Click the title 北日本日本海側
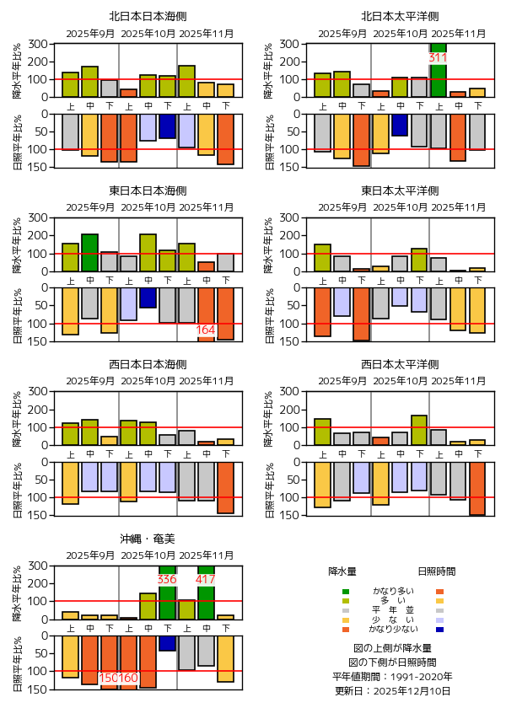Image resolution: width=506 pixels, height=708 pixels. coord(148,16)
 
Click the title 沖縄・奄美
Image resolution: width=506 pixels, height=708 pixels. coord(148,538)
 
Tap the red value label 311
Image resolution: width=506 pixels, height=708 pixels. coord(438,58)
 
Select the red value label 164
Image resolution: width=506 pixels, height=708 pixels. coord(206,330)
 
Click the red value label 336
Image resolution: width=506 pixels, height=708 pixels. coord(167,580)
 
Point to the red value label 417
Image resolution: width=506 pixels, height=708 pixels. coord(206,580)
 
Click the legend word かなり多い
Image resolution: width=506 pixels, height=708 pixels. coord(392,591)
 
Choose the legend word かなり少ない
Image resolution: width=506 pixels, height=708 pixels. coord(392,630)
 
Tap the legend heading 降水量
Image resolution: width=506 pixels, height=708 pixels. coord(342,571)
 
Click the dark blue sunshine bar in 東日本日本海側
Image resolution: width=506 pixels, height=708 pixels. coord(148,298)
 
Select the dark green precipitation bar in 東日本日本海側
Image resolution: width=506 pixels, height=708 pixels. coord(89,253)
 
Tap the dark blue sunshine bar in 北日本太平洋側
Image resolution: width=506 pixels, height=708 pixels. coord(399,125)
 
